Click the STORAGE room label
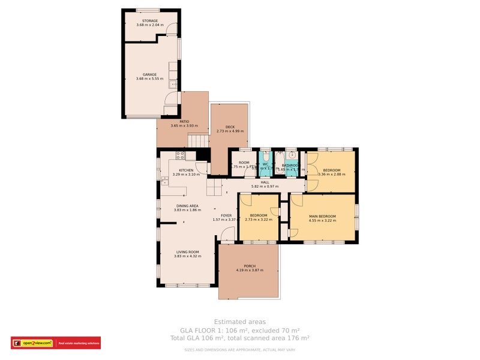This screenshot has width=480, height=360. point(146,20)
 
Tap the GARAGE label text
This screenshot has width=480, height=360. point(149,74)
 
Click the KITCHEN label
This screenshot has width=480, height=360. point(185,170)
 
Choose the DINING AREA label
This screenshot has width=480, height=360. point(187,206)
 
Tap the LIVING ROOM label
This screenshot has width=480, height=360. point(187,252)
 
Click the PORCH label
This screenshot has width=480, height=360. point(250,266)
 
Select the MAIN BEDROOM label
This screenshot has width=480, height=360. point(322,216)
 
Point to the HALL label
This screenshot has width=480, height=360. point(265,182)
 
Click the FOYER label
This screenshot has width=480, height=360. point(226,215)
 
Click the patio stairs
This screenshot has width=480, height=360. point(197,141)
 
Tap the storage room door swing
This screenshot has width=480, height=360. point(172,29)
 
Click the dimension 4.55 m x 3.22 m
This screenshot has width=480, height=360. point(322,220)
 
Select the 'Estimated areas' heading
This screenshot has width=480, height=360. point(239,322)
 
